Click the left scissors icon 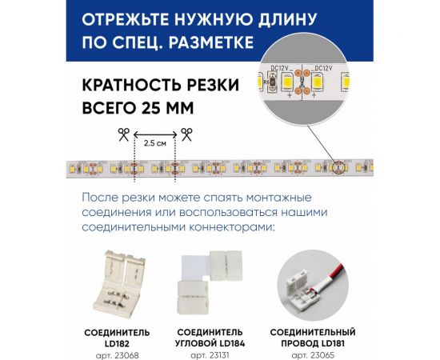click(x=123, y=134)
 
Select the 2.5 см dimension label click(x=155, y=144)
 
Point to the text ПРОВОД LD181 click(x=313, y=342)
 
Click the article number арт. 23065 click(x=313, y=354)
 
